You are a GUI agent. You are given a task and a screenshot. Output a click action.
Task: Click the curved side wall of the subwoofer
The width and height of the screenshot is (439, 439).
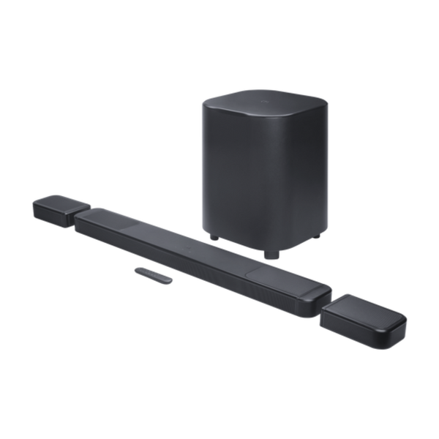[x=234, y=176]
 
